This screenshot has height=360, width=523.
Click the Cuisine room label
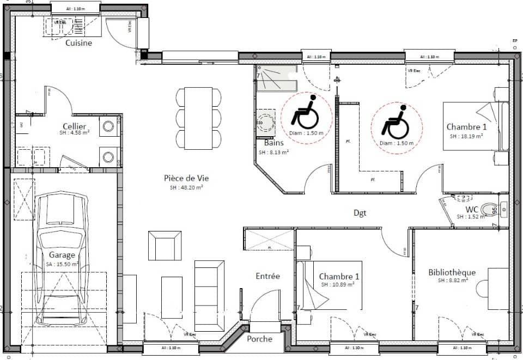[x=78, y=43]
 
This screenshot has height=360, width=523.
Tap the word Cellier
[x=75, y=126]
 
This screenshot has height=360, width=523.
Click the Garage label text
[x=62, y=255]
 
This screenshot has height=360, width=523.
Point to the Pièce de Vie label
[x=186, y=178]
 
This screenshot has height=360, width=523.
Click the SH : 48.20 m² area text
[x=186, y=187]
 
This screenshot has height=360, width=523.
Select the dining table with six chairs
[x=199, y=118]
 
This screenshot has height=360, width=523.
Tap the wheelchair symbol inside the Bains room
[x=305, y=113]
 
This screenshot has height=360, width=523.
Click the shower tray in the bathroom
[x=275, y=80]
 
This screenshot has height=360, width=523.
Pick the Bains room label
[x=267, y=143]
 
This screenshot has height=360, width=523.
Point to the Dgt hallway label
[x=360, y=213]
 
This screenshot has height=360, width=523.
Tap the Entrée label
[x=267, y=276]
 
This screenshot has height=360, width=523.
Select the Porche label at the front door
[x=259, y=339]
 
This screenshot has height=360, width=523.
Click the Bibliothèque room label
[x=452, y=272]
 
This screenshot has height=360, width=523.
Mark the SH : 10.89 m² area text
[x=337, y=285]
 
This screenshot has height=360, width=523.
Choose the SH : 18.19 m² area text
[x=466, y=137]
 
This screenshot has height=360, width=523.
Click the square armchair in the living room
[x=165, y=246]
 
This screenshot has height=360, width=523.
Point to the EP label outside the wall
[x=514, y=41]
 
